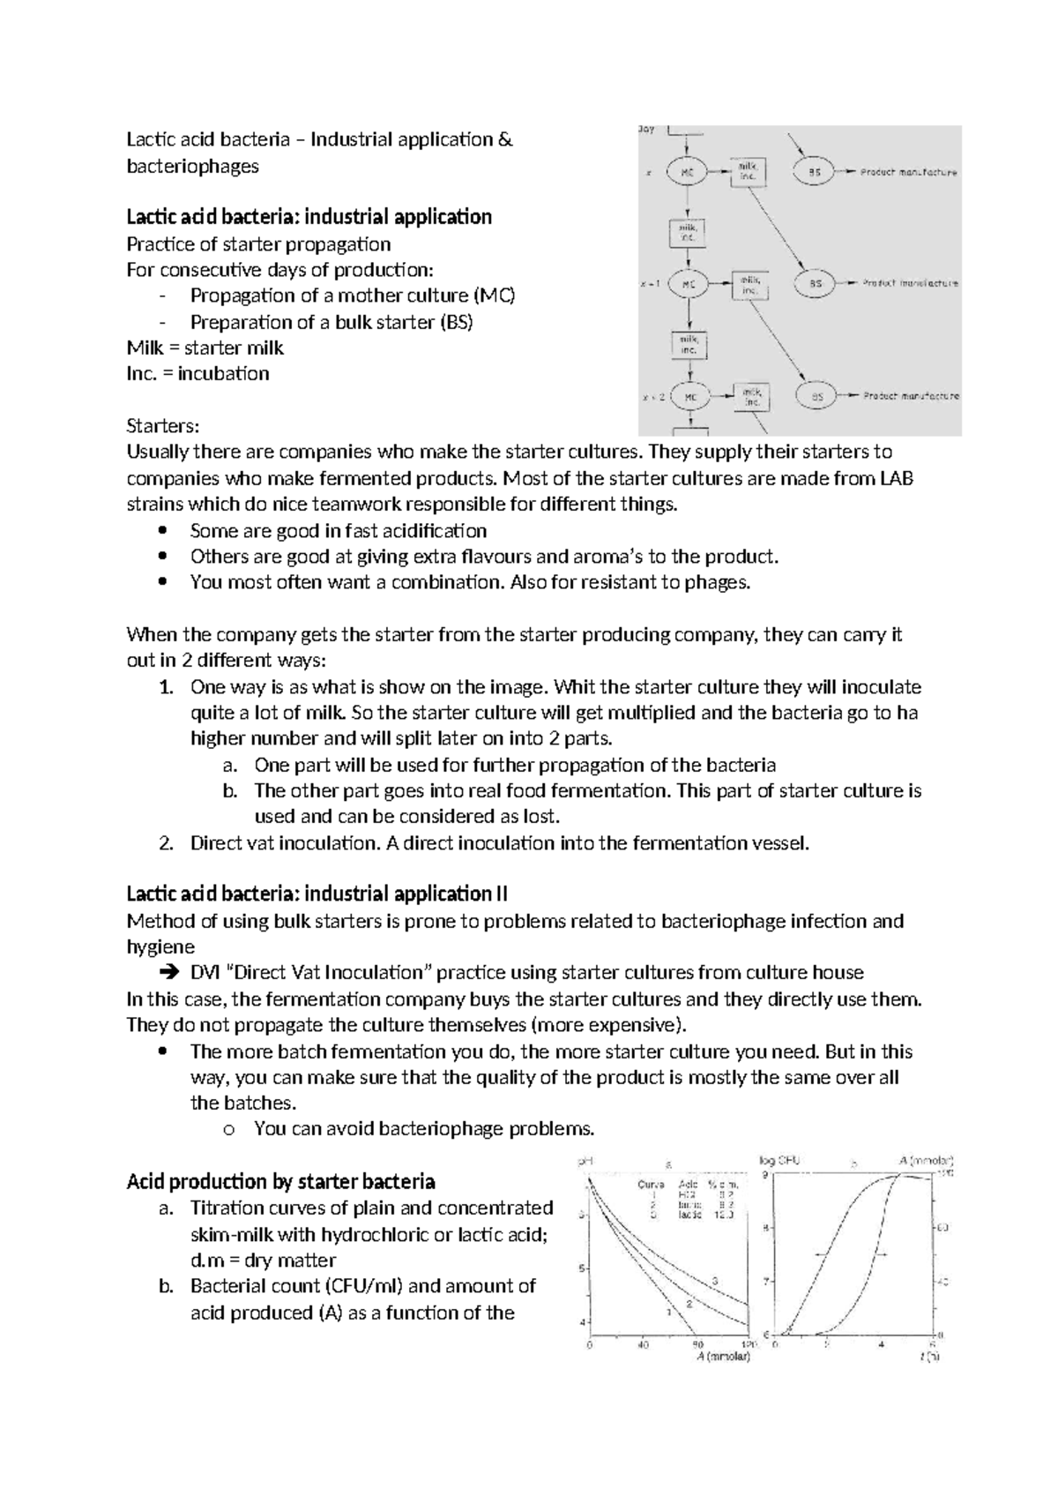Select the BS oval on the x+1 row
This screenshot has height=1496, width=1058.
click(x=816, y=284)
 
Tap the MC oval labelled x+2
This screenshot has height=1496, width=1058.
click(x=690, y=397)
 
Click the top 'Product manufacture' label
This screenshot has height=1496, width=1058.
click(x=908, y=173)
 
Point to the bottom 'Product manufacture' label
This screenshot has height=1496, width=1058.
click(x=911, y=397)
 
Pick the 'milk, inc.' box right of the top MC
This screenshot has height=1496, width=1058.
click(x=748, y=172)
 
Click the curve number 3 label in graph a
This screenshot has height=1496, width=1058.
click(x=716, y=1280)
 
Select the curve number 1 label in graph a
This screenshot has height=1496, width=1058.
click(x=668, y=1313)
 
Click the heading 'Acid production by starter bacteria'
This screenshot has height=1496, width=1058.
click(x=281, y=1181)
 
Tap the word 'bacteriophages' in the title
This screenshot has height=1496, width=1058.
click(x=192, y=166)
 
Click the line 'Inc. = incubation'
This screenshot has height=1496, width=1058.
click(x=197, y=373)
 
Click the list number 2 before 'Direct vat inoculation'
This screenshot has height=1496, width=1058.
click(x=165, y=842)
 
